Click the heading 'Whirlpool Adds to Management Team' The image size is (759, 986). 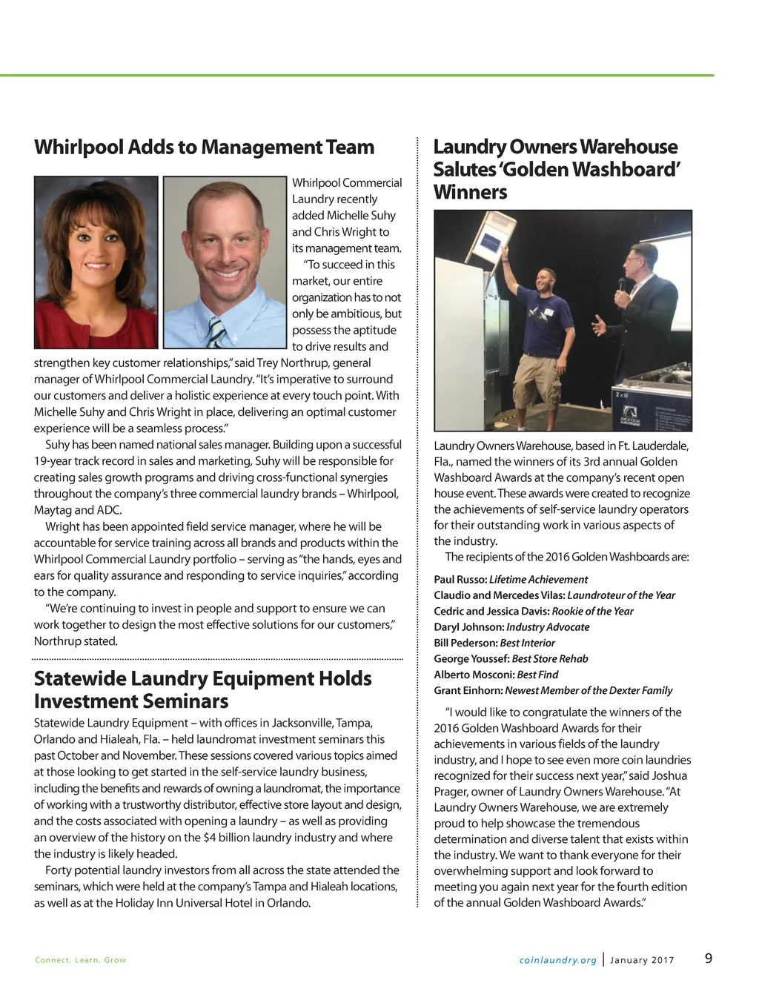point(204,147)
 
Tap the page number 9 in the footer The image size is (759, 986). point(709,958)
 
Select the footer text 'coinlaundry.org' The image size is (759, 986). point(558,960)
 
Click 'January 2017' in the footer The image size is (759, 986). point(642,960)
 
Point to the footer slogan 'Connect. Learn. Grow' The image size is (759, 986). point(81,960)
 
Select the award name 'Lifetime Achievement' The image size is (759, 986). point(538,579)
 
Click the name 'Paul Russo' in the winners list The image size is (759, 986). point(460,579)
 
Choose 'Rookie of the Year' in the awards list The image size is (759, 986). point(593,611)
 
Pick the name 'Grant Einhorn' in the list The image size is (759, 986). point(468,690)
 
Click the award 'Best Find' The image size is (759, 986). point(537,675)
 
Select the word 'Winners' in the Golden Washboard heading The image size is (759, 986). point(470,192)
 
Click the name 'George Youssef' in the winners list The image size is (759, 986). point(471,658)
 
